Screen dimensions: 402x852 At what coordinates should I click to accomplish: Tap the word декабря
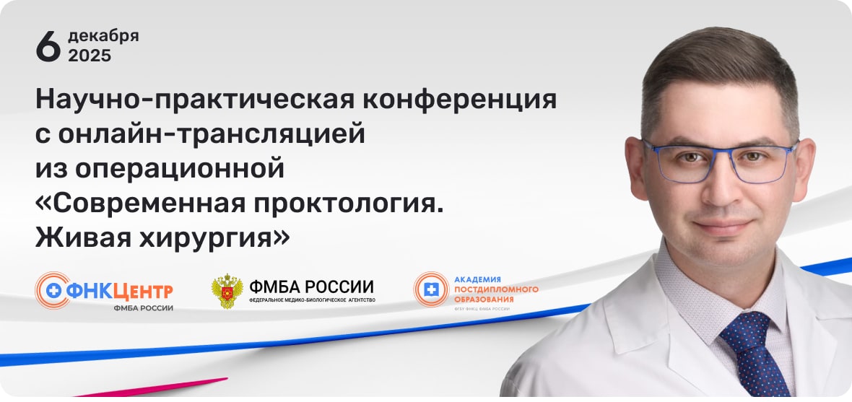click(103, 35)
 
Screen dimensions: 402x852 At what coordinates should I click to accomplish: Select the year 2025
click(90, 56)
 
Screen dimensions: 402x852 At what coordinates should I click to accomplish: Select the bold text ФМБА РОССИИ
click(311, 286)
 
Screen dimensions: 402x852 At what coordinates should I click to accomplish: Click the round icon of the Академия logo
click(431, 289)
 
